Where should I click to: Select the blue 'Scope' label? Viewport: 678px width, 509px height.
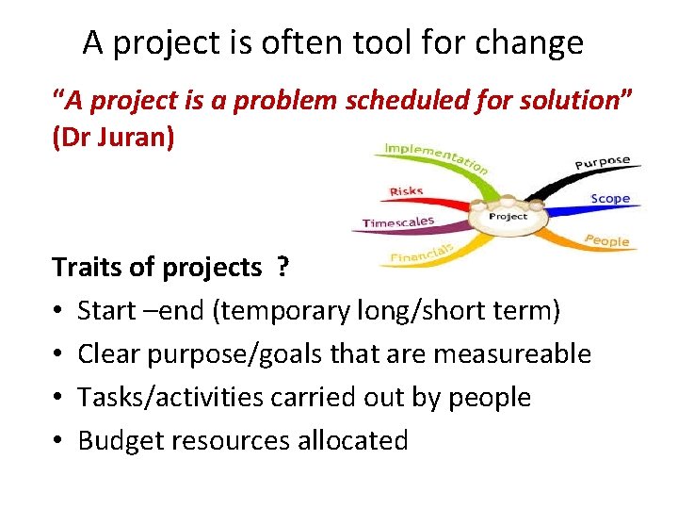609,199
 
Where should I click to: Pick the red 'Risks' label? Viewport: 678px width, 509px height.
407,191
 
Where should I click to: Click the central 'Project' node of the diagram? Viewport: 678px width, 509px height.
508,216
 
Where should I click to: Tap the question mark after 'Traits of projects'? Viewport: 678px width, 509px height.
282,268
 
